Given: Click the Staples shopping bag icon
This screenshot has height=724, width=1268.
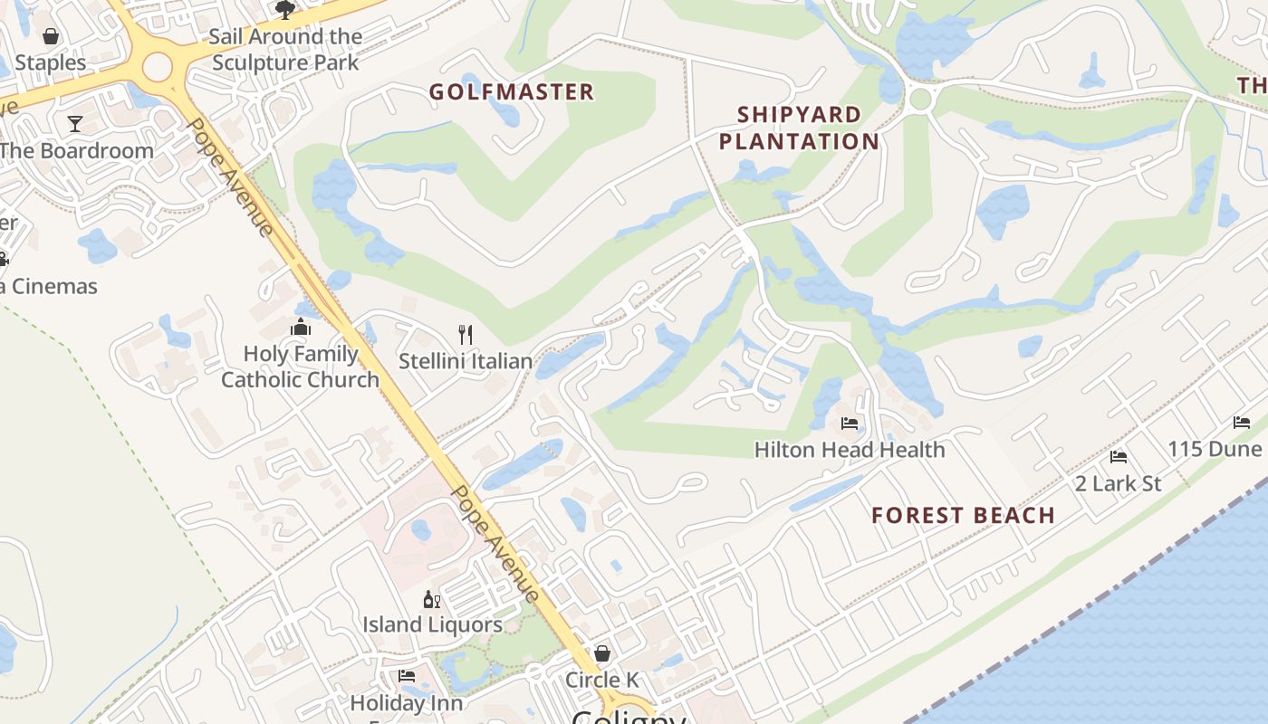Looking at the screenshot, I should click(51, 36).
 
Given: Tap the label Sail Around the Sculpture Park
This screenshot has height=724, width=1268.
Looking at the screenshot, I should click(285, 50).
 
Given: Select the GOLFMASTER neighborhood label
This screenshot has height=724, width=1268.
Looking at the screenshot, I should click(511, 92).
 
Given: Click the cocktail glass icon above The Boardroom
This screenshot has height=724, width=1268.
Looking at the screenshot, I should click(75, 124).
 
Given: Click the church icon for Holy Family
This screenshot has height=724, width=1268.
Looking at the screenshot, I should click(301, 327).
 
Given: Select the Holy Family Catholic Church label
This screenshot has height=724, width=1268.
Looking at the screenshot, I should click(301, 367).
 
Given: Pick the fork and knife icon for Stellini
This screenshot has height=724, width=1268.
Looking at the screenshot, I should click(466, 335).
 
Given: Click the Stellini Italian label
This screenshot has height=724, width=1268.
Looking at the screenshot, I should click(466, 361).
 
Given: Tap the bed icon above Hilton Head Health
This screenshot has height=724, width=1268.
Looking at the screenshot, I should click(849, 424).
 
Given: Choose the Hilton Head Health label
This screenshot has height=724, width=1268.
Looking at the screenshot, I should click(849, 450).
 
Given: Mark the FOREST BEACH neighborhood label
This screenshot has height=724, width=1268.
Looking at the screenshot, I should click(963, 516).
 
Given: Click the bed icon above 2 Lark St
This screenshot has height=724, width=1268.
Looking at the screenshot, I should click(1119, 457).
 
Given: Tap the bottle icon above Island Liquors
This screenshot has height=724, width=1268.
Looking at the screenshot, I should click(432, 599).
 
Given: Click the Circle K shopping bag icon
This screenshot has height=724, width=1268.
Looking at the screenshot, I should click(601, 653).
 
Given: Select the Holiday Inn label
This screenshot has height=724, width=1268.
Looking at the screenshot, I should click(406, 703).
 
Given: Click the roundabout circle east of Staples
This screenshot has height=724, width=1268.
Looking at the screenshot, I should click(157, 66).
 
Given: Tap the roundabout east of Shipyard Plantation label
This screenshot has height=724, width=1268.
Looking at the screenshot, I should click(920, 99).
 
